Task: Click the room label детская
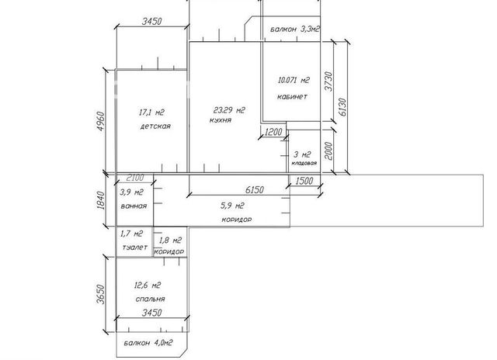pyautogui.click(x=155, y=126)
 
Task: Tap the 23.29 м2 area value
pyautogui.click(x=229, y=110)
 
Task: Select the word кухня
pyautogui.click(x=221, y=120)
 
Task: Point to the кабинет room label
pyautogui.click(x=292, y=96)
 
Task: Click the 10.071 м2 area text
pyautogui.click(x=294, y=80)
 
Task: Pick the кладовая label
pyautogui.click(x=304, y=163)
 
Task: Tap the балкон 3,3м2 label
pyautogui.click(x=295, y=29)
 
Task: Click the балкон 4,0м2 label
pyautogui.click(x=148, y=343)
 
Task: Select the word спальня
pyautogui.click(x=150, y=299)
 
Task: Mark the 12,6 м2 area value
pyautogui.click(x=148, y=286)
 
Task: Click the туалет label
pyautogui.click(x=135, y=247)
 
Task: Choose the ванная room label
pyautogui.click(x=134, y=206)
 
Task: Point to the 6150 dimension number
pyautogui.click(x=255, y=189)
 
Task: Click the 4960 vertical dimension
pyautogui.click(x=100, y=121)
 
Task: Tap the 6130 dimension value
pyautogui.click(x=342, y=107)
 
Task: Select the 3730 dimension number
pyautogui.click(x=329, y=81)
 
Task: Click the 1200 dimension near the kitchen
pyautogui.click(x=273, y=132)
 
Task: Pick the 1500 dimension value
pyautogui.click(x=304, y=181)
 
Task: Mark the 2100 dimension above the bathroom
pyautogui.click(x=135, y=178)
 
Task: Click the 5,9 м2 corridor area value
pyautogui.click(x=232, y=206)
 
